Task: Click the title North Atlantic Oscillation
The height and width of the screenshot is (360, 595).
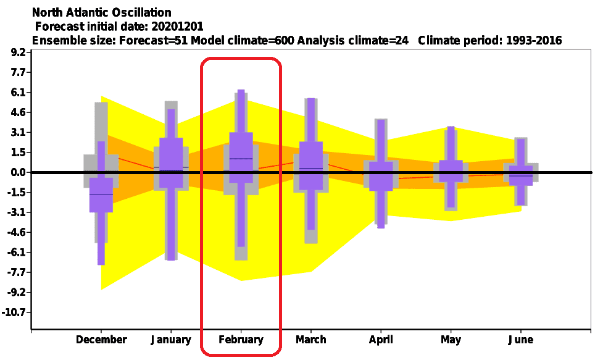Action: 102,12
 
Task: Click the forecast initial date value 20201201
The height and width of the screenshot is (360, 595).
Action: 177,27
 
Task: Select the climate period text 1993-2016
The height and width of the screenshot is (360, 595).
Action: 533,40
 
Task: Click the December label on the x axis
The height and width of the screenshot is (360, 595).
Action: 101,339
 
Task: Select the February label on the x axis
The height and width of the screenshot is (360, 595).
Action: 241,339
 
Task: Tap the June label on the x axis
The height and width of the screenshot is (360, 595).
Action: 521,339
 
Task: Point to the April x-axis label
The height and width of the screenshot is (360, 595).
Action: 381,339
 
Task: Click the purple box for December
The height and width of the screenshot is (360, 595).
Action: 101,195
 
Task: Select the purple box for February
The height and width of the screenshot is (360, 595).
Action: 241,157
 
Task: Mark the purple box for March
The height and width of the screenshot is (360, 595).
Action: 311,165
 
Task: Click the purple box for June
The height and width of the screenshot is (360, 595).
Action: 521,175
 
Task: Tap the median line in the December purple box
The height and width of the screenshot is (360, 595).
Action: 101,195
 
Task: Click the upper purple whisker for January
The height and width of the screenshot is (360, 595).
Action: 171,123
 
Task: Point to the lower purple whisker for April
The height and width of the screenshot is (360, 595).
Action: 381,209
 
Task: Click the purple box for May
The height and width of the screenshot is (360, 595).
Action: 451,171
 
